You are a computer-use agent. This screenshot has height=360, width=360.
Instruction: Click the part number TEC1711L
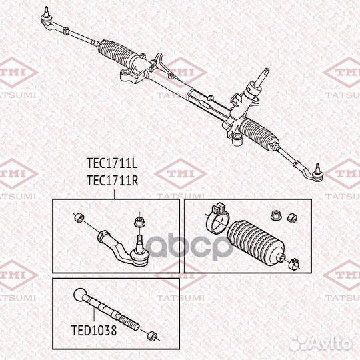pos(112,163)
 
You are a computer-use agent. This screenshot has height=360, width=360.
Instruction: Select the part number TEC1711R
pos(113,180)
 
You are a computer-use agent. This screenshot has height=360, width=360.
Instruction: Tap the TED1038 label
pos(94,330)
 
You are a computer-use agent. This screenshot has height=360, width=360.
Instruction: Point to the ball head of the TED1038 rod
pos(80,295)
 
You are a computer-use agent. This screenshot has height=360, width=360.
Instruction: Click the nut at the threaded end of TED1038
pos(152,336)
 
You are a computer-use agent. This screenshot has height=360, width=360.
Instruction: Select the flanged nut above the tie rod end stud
pos(138,222)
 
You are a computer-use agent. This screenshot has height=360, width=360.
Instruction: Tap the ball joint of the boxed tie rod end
pos(139,256)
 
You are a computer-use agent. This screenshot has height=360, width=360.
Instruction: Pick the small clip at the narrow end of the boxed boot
pos(294,264)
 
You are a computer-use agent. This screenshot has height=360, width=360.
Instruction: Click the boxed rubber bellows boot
pos(255,243)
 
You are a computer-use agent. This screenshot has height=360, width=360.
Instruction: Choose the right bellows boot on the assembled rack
pos(259,133)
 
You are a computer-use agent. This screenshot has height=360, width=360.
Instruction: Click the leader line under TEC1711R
pos(114,194)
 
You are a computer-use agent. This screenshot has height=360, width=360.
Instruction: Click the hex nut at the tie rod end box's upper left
pos(79,217)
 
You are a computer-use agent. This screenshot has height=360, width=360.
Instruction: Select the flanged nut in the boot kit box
pos(275,216)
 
